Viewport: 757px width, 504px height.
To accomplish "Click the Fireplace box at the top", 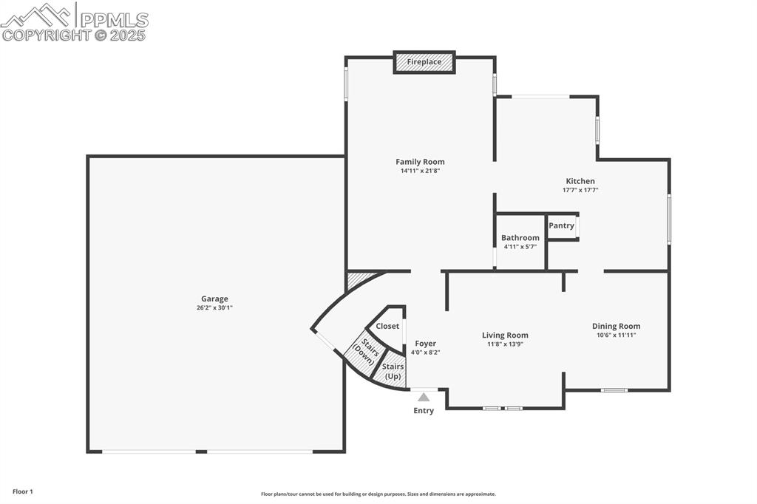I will [424, 62].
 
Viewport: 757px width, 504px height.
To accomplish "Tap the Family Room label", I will [420, 162].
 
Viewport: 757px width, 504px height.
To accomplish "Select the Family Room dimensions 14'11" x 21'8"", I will [420, 171].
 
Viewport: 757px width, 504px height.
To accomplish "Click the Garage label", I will [214, 299].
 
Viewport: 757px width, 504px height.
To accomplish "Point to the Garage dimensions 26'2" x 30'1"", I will [214, 308].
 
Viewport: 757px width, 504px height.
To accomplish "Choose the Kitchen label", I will [580, 181].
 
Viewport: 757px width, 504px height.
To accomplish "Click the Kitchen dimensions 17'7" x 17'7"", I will [580, 190].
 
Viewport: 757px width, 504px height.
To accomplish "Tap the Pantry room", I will [562, 225].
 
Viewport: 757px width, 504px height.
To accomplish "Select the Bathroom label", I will [520, 238].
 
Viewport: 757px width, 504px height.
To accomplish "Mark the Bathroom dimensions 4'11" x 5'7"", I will [520, 247].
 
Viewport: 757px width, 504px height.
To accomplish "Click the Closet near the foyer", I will [387, 326].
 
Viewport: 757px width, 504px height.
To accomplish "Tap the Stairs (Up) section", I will [393, 371].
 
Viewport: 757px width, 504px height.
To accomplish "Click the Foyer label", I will [425, 344].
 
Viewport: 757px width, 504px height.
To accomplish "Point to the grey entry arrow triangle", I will [424, 397].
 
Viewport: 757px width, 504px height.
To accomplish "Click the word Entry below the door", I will [424, 411].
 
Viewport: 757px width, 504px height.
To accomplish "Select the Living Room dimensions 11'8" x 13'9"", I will [505, 344].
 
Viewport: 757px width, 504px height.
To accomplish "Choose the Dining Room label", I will [616, 326].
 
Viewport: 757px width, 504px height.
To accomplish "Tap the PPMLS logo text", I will [114, 20].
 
